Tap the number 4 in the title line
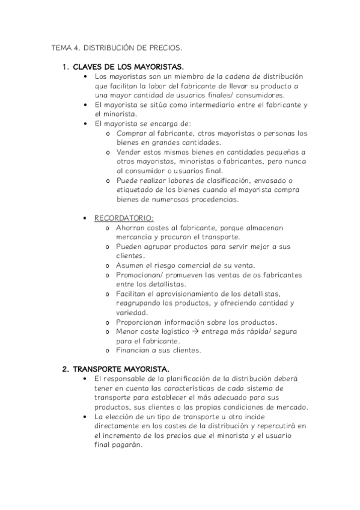[x=78, y=46]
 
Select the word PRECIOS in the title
[x=166, y=46]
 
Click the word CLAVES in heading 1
[x=88, y=66]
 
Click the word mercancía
[x=136, y=237]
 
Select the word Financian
[x=134, y=351]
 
